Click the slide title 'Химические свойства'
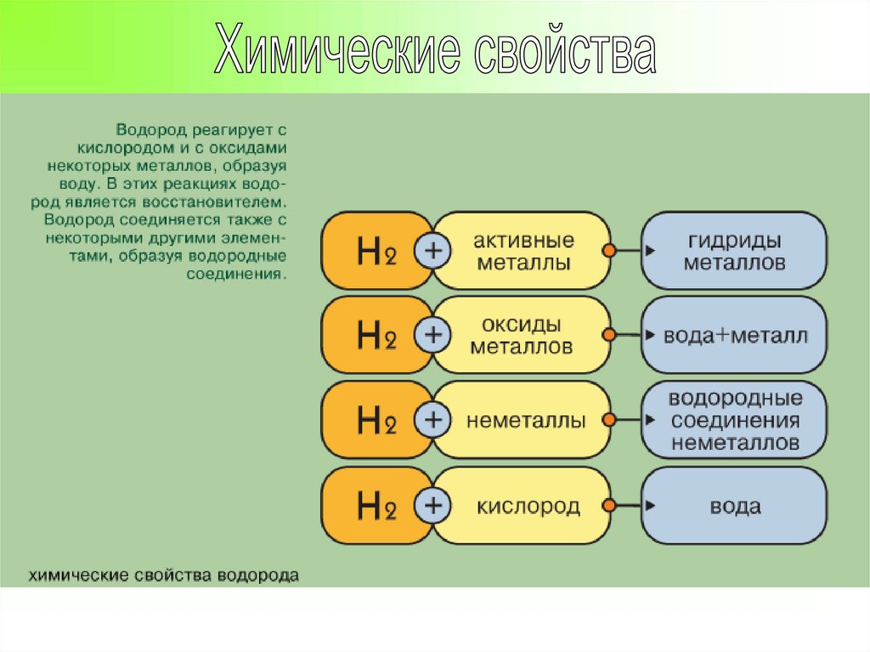point(435,53)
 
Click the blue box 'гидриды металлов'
point(734,252)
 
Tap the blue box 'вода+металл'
point(734,336)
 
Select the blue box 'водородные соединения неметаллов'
point(734,420)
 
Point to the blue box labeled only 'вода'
point(734,507)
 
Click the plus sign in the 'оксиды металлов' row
point(433,335)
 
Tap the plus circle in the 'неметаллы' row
point(433,419)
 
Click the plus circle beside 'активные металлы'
point(433,251)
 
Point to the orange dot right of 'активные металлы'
point(609,251)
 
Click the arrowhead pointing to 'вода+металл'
point(648,335)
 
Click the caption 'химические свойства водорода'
point(165,575)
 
